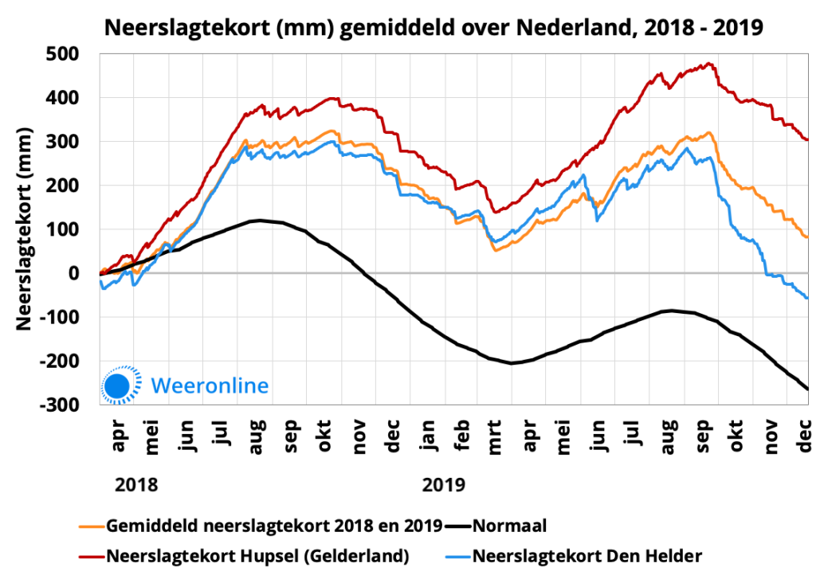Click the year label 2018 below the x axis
pos(136,484)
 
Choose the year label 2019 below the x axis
pos(444,484)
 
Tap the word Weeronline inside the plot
pos(210,385)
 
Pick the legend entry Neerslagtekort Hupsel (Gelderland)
pos(257,554)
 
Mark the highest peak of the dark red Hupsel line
pos(708,64)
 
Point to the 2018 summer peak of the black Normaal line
pos(259,220)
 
